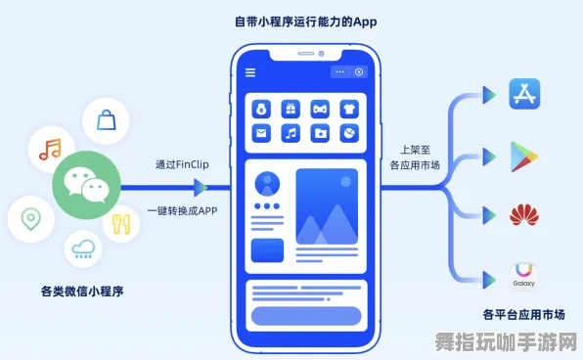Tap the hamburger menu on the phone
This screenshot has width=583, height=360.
pos(250,71)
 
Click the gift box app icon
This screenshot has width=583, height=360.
pos(291,109)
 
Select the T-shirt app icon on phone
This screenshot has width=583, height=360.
pos(349,109)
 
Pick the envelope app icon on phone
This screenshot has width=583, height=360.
pos(261,133)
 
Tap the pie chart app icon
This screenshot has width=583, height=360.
pos(349,133)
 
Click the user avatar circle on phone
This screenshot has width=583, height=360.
pos(266,183)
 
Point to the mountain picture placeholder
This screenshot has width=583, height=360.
pos(326,206)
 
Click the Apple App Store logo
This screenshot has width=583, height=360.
pos(524,95)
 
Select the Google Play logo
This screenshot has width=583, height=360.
pos(525,156)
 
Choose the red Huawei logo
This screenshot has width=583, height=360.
pos(524,215)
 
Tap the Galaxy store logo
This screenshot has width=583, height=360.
pos(524,275)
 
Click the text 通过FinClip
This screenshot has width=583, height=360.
pos(181,164)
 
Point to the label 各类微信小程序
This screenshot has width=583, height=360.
pos(82,291)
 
